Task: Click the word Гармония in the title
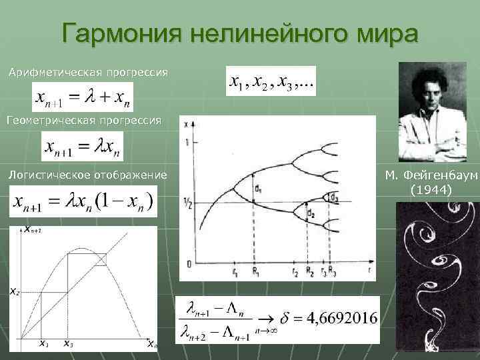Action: [x=119, y=33]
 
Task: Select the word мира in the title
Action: [x=385, y=33]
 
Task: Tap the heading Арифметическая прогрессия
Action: [x=88, y=71]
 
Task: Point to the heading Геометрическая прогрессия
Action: [x=84, y=121]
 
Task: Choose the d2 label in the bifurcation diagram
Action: [x=311, y=213]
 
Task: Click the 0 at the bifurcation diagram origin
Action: [x=189, y=264]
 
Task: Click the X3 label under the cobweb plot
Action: [x=68, y=344]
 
